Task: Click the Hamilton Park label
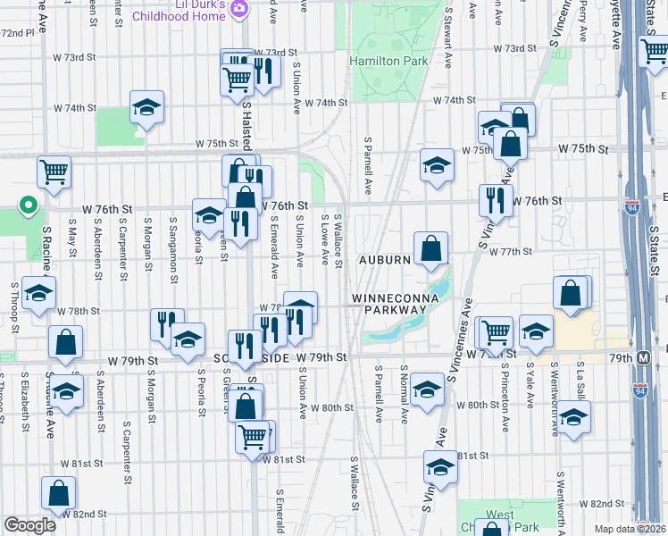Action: [388, 62]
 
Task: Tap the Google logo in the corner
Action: [29, 525]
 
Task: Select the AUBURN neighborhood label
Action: [385, 260]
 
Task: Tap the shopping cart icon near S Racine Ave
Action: [54, 172]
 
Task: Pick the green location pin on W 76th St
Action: [29, 206]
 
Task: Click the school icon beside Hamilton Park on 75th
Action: [437, 164]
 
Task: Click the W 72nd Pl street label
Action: [18, 32]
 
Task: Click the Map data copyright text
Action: [628, 529]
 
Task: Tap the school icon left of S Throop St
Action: [38, 294]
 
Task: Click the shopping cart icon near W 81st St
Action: [253, 438]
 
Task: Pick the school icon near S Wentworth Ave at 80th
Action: [574, 417]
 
